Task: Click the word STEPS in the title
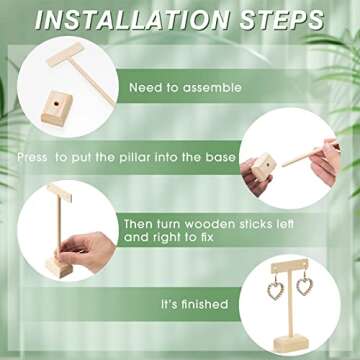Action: click(282, 20)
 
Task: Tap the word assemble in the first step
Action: click(212, 88)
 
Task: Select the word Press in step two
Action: click(32, 157)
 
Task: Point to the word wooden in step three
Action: click(205, 224)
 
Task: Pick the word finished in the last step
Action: click(204, 304)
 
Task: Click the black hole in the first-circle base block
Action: click(56, 105)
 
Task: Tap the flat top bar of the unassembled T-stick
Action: click(65, 54)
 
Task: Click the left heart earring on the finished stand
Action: click(275, 288)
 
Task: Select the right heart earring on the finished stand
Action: click(305, 284)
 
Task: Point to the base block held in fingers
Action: click(263, 166)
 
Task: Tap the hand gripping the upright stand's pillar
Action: click(88, 251)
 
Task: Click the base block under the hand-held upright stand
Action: click(59, 267)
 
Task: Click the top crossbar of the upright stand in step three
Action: click(59, 193)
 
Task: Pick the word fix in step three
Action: click(206, 237)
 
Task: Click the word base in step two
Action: click(220, 157)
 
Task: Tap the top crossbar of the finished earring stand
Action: click(290, 267)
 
